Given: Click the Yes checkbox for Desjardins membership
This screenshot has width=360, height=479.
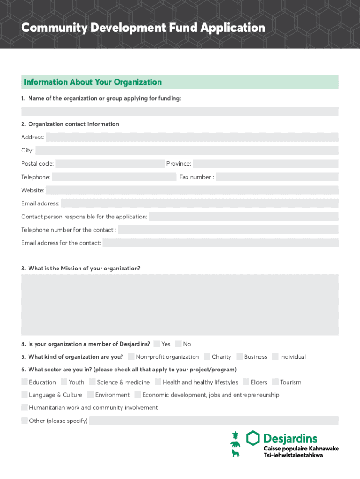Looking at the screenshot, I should pyautogui.click(x=157, y=344).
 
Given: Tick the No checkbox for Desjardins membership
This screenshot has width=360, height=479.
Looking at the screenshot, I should pyautogui.click(x=179, y=344).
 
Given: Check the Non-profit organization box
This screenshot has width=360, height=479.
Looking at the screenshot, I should pyautogui.click(x=131, y=356).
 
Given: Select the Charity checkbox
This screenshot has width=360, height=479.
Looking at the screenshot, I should pyautogui.click(x=207, y=356).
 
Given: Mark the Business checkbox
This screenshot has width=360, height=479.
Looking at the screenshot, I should pyautogui.click(x=239, y=356).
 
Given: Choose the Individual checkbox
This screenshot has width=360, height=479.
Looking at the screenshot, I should pyautogui.click(x=275, y=356).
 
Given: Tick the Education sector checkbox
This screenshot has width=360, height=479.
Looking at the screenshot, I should pyautogui.click(x=24, y=382).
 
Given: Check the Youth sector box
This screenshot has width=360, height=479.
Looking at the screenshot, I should pyautogui.click(x=64, y=382).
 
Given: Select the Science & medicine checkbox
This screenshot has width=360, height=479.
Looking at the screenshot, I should pyautogui.click(x=92, y=382).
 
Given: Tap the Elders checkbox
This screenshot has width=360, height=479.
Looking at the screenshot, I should pyautogui.click(x=246, y=382).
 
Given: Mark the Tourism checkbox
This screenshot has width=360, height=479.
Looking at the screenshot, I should pyautogui.click(x=275, y=382).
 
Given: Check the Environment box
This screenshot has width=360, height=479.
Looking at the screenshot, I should pyautogui.click(x=90, y=395).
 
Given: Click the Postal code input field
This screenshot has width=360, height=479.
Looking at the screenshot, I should pyautogui.click(x=109, y=164).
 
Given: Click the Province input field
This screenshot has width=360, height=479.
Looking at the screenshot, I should pyautogui.click(x=265, y=164).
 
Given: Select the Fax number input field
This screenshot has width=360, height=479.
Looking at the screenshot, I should pyautogui.click(x=277, y=177).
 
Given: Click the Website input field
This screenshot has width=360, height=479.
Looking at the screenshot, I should pyautogui.click(x=192, y=190).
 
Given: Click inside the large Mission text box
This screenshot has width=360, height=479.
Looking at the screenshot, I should pyautogui.click(x=180, y=305).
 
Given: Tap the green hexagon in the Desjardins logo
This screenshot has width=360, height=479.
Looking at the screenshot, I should pyautogui.click(x=253, y=438).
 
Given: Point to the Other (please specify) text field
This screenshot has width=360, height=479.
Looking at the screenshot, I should pyautogui.click(x=214, y=421).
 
